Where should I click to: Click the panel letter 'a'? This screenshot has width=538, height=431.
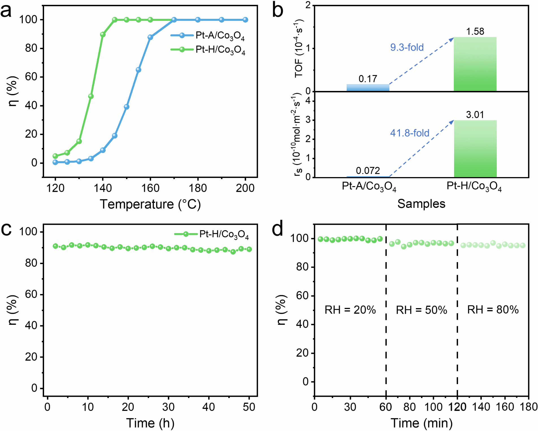[x=6, y=11]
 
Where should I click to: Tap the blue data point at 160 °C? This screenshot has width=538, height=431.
[x=150, y=37]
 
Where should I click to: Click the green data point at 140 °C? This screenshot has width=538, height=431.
[x=103, y=34]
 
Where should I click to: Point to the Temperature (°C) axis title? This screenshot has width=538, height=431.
[x=150, y=204]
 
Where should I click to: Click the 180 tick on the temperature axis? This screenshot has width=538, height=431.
[x=198, y=188]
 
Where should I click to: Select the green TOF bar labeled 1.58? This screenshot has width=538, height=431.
[x=475, y=64]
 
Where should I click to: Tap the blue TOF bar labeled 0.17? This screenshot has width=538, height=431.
[x=368, y=88]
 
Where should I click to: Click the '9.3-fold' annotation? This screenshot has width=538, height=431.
[x=407, y=47]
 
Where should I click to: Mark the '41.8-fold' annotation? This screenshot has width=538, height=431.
[x=410, y=133]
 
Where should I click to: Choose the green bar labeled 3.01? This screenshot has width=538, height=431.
[x=475, y=149]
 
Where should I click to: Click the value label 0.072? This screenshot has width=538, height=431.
[x=368, y=171]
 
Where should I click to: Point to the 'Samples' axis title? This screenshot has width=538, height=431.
[x=421, y=204]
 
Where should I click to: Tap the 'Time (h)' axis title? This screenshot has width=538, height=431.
[x=150, y=423]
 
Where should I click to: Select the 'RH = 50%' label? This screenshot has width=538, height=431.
[x=421, y=310]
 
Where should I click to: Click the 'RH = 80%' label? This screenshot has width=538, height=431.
[x=493, y=310]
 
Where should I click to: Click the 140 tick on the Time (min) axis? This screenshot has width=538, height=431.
[x=481, y=407]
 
